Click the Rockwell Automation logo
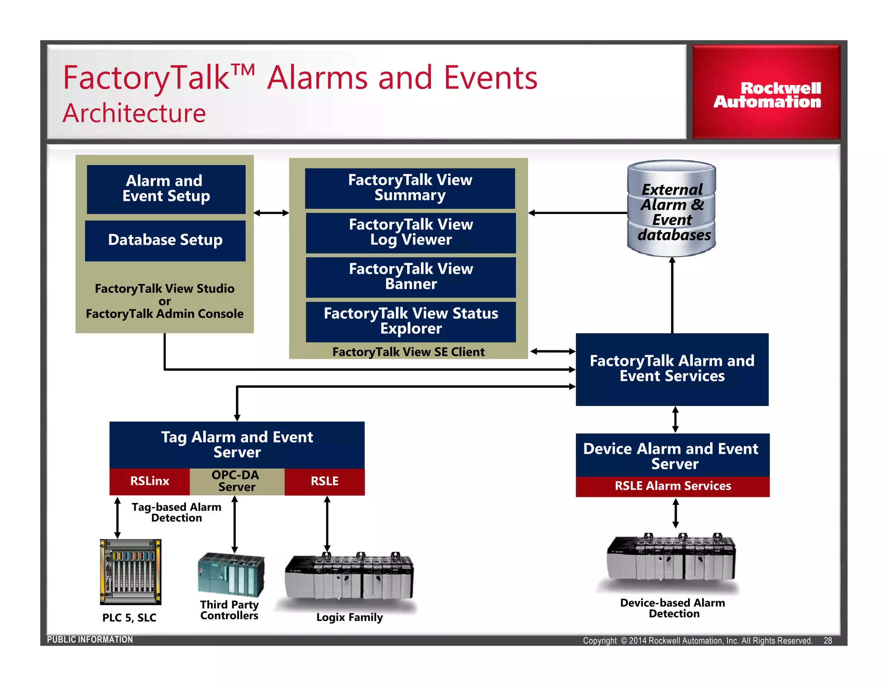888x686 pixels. pos(767,93)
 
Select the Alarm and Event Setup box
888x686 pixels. pos(166,189)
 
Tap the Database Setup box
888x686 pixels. pos(165,240)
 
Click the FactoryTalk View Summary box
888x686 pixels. pos(410,188)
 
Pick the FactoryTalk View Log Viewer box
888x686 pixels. pos(411,232)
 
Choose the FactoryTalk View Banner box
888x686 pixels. pos(411,277)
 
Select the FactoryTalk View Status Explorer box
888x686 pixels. pos(411,321)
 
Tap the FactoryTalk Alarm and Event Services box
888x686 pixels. pos(672,369)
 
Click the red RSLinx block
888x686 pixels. pos(150,481)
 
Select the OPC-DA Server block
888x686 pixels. pos(237,481)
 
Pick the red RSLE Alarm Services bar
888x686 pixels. pos(673,487)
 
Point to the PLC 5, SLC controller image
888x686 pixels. pos(131,572)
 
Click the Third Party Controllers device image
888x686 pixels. pos(231,574)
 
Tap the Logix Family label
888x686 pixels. pos(349,617)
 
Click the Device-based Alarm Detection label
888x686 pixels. pos(673,608)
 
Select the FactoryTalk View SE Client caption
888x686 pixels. pos(408,352)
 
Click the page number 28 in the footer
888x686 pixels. pos(827,640)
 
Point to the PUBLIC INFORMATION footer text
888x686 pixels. pos(90,640)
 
